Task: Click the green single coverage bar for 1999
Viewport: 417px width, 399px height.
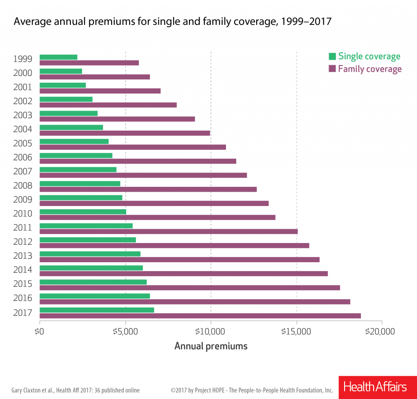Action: click(59, 57)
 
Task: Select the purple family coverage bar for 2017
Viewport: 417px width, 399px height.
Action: click(200, 316)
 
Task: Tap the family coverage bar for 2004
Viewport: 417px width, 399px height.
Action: click(125, 133)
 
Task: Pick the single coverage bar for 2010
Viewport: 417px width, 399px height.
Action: click(83, 212)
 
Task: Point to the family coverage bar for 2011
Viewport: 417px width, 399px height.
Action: click(169, 231)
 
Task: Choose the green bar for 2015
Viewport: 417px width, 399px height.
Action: click(93, 282)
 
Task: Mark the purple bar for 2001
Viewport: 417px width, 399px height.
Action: click(100, 91)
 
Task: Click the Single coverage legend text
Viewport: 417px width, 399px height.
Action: click(369, 57)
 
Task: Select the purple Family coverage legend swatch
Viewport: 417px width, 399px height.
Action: click(332, 69)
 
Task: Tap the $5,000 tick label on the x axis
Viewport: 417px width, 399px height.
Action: click(125, 331)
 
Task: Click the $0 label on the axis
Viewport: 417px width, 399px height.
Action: click(40, 331)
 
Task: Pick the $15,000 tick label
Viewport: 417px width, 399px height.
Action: click(296, 331)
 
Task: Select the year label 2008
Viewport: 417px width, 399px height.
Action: click(22, 186)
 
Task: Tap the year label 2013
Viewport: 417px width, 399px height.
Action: click(22, 256)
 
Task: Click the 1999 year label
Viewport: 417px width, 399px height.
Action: click(22, 59)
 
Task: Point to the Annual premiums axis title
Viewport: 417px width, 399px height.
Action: click(211, 346)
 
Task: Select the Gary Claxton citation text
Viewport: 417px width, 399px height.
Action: click(75, 390)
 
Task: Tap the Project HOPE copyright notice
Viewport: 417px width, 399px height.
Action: click(252, 390)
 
